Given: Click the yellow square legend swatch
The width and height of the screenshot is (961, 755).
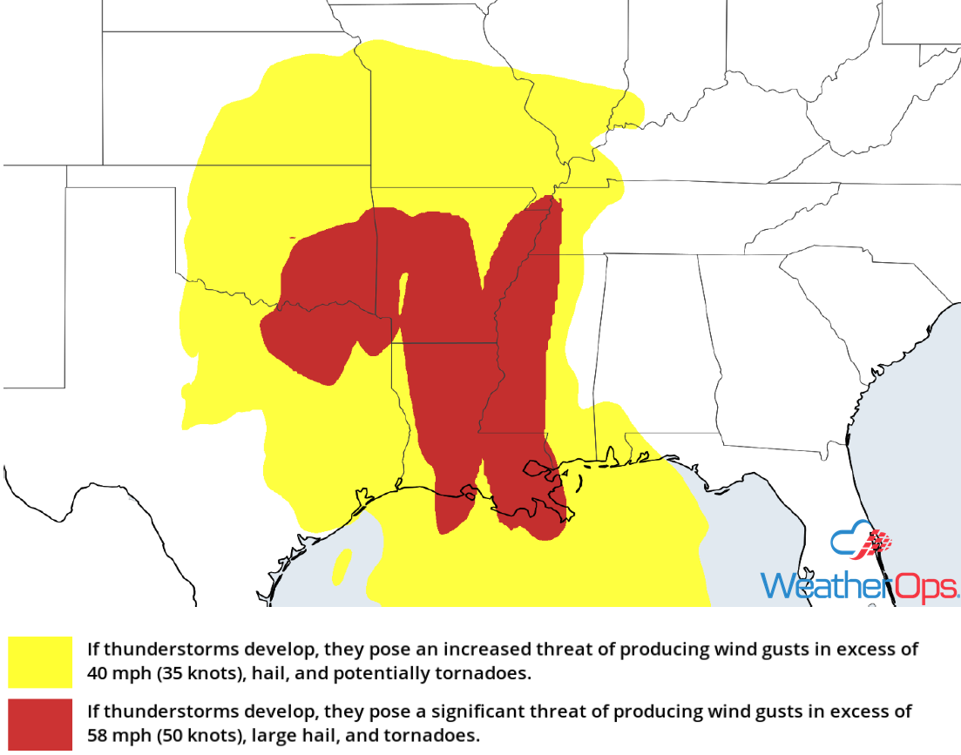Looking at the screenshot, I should click(40, 662).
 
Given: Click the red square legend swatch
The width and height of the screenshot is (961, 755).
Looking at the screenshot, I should click(40, 724).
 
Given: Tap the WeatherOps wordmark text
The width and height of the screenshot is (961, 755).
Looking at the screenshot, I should click(859, 585).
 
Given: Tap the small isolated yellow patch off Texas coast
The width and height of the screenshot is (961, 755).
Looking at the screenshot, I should click(342, 565).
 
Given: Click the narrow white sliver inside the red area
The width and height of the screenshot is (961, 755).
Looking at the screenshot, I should click(402, 296).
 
